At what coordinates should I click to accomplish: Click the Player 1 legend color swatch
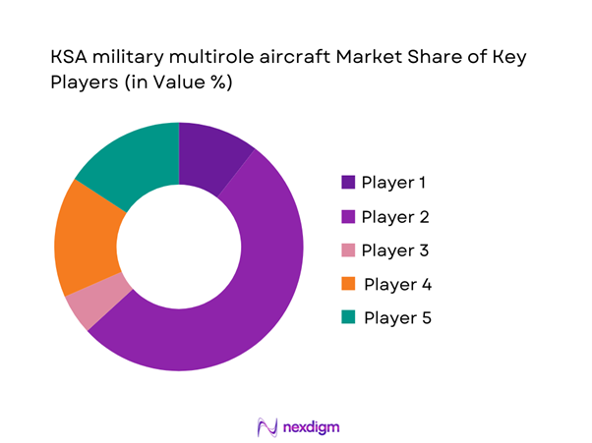(x=347, y=182)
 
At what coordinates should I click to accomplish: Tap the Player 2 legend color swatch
(x=347, y=216)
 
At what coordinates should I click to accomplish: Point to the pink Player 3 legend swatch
(x=347, y=249)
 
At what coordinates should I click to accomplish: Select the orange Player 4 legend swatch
(x=347, y=284)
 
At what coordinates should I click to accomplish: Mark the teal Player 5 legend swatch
(x=347, y=317)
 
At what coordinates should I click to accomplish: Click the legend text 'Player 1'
(x=394, y=182)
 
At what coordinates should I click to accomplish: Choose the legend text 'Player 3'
(x=395, y=249)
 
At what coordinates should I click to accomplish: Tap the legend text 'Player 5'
(x=396, y=317)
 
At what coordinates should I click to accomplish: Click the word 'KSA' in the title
(x=70, y=59)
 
